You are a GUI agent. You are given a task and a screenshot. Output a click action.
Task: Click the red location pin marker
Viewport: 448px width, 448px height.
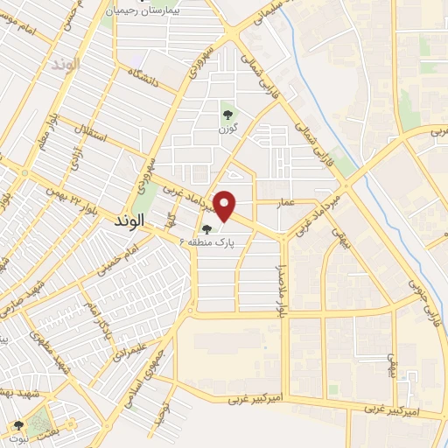pos(226,206)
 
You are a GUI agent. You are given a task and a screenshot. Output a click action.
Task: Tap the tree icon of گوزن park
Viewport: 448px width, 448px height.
pos(228,112)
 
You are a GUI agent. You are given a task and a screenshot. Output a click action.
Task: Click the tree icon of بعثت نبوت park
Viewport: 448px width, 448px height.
pos(18,425)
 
